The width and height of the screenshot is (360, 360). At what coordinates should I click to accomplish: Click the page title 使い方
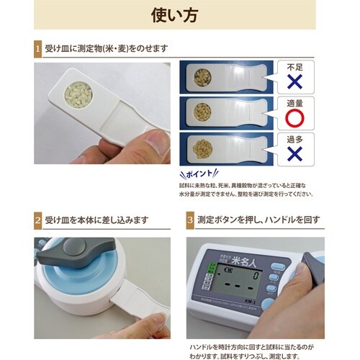tap(179, 14)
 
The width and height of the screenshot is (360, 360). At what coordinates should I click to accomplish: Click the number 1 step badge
tap(37, 48)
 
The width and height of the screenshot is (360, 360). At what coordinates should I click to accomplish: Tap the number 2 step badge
tap(37, 220)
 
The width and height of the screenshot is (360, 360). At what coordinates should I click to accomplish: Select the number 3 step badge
tap(189, 220)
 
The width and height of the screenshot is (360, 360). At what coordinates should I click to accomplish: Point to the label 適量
tap(296, 103)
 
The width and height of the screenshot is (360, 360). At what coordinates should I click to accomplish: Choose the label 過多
tap(296, 138)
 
